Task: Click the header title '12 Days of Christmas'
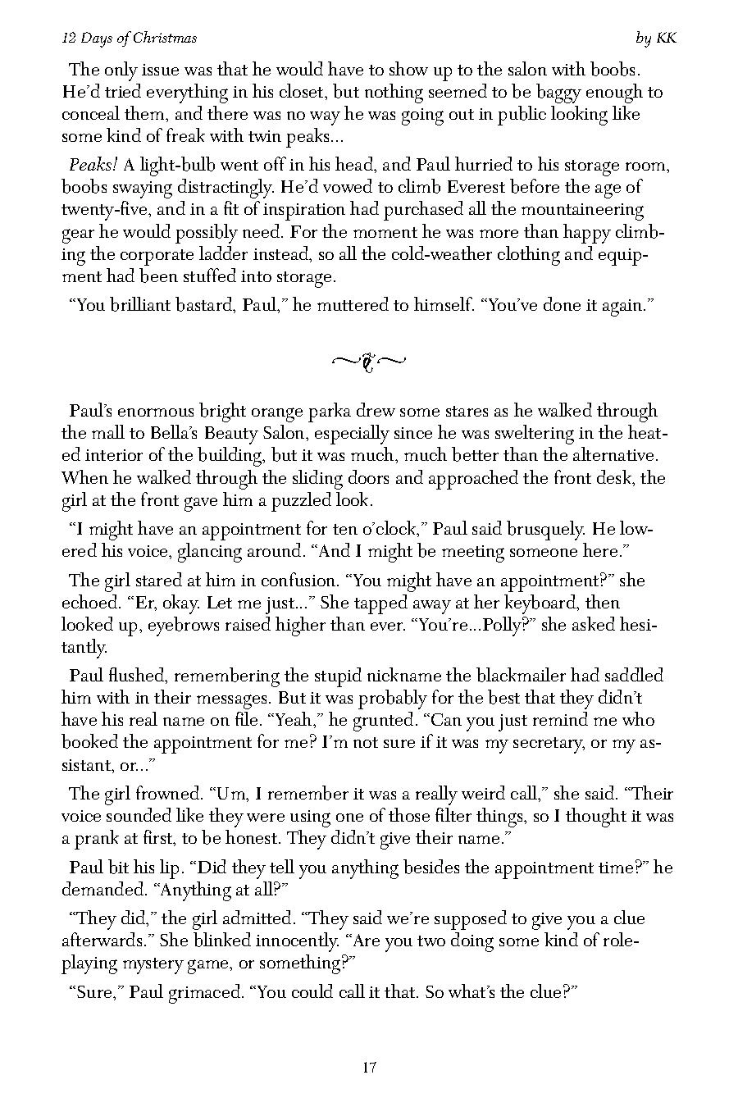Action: point(129,39)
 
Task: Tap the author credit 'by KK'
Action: point(655,39)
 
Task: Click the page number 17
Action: point(368,1067)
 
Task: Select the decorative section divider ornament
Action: point(368,361)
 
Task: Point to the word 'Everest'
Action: point(470,188)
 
